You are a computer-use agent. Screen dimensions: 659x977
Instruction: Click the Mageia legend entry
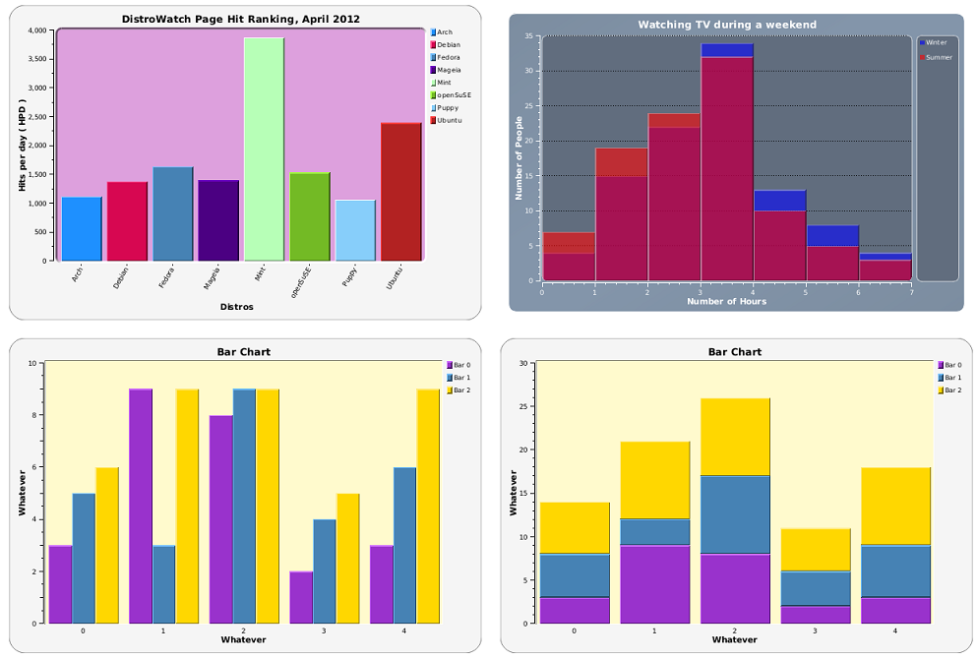(448, 71)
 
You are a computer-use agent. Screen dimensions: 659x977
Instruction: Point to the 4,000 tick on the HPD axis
(37, 30)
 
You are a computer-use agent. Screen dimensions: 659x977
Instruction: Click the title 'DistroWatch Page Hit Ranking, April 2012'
(240, 19)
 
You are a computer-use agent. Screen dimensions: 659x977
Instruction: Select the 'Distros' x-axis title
(236, 307)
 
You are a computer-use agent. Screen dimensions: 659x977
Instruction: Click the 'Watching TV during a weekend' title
(727, 25)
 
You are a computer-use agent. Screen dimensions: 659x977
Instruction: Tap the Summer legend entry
(938, 57)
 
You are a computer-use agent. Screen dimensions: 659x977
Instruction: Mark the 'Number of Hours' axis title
(726, 301)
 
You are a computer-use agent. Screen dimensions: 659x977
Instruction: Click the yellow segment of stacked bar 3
(816, 550)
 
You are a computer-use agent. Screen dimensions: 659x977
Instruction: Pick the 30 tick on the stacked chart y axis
(527, 363)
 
